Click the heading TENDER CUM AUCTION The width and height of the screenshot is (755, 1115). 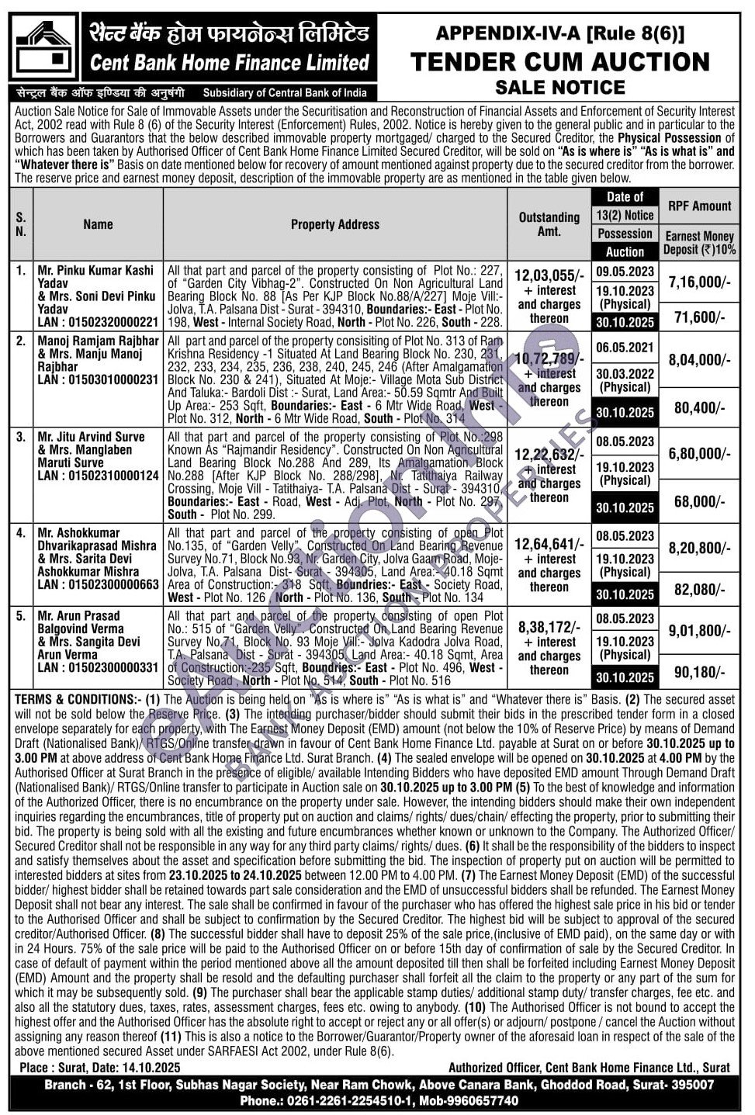559,62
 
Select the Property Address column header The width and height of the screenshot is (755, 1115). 334,224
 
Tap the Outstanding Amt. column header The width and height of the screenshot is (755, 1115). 549,224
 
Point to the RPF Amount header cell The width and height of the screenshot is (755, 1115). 699,206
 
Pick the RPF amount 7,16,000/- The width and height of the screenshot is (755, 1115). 699,282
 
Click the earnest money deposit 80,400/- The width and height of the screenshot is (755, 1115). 699,407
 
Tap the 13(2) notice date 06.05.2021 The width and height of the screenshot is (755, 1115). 625,348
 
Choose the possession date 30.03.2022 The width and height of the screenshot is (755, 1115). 625,373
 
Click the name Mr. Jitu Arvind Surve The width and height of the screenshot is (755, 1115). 91,437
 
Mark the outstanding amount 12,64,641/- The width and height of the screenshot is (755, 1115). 548,544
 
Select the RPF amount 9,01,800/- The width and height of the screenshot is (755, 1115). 699,631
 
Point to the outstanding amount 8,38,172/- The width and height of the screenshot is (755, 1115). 548,627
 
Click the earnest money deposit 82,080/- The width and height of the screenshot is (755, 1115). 699,590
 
